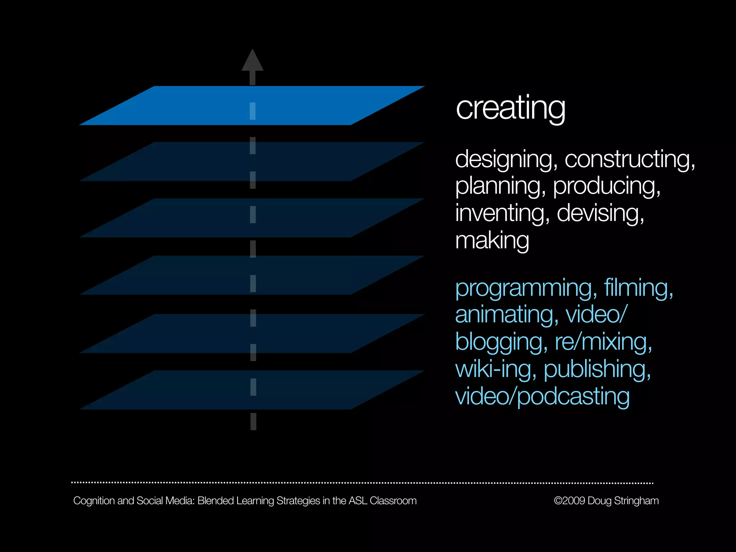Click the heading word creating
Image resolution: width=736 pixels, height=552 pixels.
tap(510, 108)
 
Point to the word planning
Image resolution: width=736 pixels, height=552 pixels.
tap(498, 186)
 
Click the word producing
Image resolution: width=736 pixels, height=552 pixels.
tap(605, 186)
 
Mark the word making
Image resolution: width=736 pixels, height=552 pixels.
tap(492, 240)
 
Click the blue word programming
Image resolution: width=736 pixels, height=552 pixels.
tap(523, 288)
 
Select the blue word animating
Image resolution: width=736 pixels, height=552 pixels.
tap(505, 314)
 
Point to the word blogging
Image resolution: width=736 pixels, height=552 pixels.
tap(499, 342)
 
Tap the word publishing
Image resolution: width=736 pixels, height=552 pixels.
tap(595, 369)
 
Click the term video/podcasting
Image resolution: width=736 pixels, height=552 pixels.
tap(542, 396)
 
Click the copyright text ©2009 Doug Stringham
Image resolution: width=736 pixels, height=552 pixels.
tap(606, 501)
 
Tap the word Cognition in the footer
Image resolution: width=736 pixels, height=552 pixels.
tap(94, 501)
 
